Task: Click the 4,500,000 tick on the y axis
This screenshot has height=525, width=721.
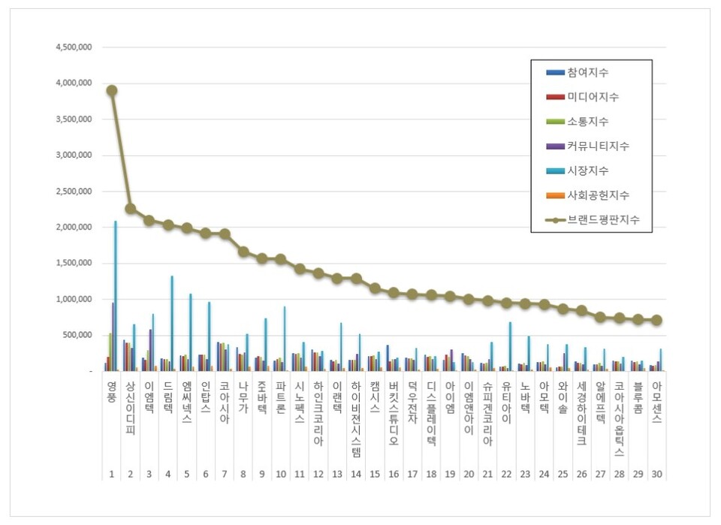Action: coord(74,47)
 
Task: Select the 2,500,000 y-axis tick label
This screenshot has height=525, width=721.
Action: coord(74,192)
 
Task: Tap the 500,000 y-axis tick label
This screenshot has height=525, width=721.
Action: coord(78,335)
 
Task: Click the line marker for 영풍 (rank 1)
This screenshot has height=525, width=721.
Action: coord(111,90)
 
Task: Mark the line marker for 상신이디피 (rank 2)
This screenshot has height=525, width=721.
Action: coord(130,208)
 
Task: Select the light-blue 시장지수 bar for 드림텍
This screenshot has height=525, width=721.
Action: coord(171,323)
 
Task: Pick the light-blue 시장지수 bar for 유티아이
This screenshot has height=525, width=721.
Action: coord(510,346)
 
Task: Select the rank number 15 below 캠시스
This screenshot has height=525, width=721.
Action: coord(375,475)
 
